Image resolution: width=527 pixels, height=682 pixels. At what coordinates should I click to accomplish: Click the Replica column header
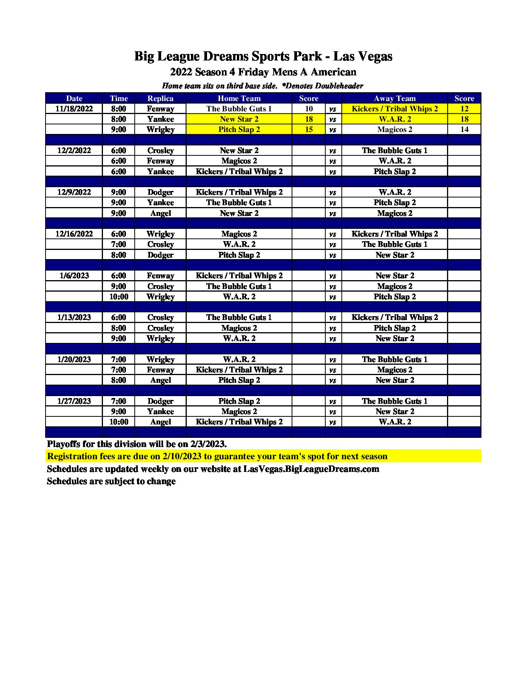coord(160,98)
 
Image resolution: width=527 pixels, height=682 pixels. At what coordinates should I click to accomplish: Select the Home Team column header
coord(239,98)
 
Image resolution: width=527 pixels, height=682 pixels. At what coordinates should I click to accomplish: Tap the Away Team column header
coord(394,98)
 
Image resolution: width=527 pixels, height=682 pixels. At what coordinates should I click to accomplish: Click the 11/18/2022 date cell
coord(74,109)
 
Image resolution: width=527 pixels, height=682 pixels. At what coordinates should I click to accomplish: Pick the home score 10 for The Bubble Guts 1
coord(308,109)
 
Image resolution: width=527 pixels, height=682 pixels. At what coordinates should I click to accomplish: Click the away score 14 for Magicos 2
coord(464,129)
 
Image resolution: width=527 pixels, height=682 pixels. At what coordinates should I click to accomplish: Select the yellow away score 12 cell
coord(464,109)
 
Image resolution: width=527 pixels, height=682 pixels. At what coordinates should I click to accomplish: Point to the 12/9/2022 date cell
coord(74,192)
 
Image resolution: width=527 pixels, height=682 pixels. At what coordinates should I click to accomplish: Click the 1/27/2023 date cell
coord(74,401)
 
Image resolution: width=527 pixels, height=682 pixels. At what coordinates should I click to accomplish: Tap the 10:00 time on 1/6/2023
coord(119,297)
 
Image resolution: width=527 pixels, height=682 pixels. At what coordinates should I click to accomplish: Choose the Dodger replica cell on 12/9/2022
coord(160,192)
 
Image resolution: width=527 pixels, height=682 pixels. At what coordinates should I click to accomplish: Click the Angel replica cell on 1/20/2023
coord(160,380)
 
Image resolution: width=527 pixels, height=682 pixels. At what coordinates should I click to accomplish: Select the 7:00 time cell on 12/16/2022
coord(119,244)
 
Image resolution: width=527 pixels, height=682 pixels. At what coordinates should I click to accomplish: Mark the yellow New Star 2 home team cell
coord(239,119)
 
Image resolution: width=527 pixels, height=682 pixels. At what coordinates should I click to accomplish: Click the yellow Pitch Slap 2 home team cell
coord(239,129)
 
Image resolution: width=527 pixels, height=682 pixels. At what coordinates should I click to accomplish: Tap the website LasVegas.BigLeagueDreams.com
coord(311,469)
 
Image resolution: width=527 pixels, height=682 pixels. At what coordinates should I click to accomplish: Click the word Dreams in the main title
coord(225,56)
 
